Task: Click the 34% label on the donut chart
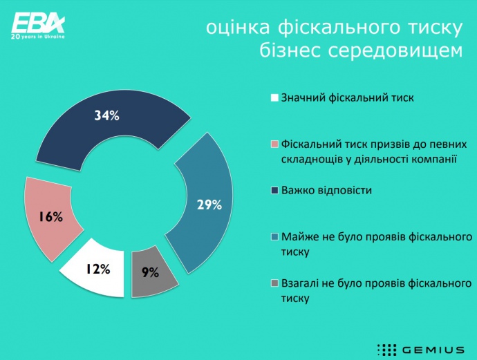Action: [x=106, y=115]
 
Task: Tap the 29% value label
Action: [x=209, y=205]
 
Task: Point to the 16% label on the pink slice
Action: [x=50, y=217]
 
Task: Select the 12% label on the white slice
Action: [x=97, y=269]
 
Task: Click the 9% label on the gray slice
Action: [x=150, y=272]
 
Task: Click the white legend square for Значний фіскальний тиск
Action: [x=274, y=98]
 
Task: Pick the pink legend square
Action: [x=274, y=144]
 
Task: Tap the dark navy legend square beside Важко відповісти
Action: [x=274, y=191]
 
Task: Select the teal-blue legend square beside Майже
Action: [x=274, y=237]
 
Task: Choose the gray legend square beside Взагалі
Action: [x=274, y=283]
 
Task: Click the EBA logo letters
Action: [x=38, y=23]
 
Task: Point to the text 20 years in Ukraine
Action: [x=38, y=37]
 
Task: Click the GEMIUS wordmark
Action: [x=433, y=350]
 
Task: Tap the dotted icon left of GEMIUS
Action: [x=386, y=350]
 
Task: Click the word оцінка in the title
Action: [x=238, y=28]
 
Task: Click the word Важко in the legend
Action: [x=298, y=190]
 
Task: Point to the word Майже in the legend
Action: [x=300, y=237]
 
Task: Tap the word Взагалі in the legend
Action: [x=300, y=283]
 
